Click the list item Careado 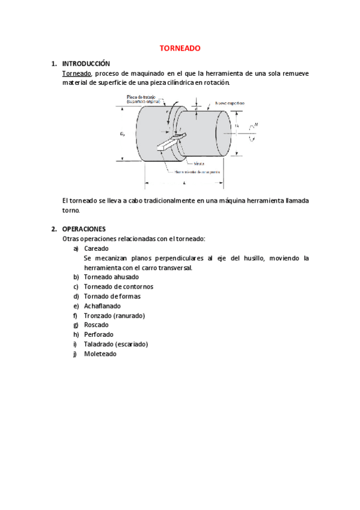pos(96,248)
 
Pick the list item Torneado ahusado pos(111,277)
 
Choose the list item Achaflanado pos(102,306)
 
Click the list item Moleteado pos(100,354)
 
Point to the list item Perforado pos(99,334)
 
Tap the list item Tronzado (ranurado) pos(114,315)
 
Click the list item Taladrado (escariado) pos(116,344)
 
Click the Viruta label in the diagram pos(199,164)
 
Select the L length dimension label pos(183,182)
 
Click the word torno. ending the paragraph pos(70,210)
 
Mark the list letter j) pos(76,354)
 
